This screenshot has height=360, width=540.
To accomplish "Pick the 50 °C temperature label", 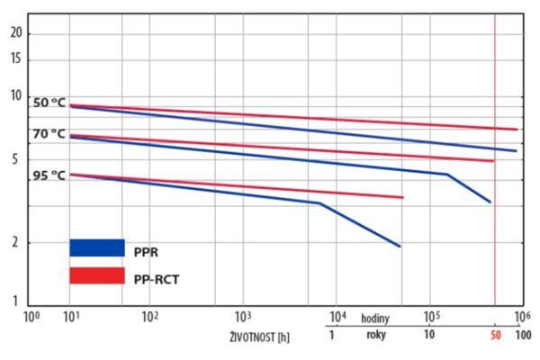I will click(49, 103).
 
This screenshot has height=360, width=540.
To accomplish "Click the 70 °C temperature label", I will click(49, 134).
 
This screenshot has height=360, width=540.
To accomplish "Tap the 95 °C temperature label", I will click(49, 175).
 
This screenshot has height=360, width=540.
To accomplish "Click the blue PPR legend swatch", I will click(97, 247).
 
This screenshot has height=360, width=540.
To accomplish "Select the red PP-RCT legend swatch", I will click(97, 275).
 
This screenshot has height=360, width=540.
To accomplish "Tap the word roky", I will click(377, 335).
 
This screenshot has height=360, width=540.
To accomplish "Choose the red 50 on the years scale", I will click(495, 335).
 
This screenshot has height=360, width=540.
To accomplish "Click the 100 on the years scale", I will click(521, 335).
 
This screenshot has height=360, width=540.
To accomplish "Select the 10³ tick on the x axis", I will click(242, 317).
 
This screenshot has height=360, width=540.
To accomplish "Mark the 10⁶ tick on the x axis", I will click(521, 317).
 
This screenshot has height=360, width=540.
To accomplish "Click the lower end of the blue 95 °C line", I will click(399, 246).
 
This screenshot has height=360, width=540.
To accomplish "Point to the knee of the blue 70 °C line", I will click(446, 174).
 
